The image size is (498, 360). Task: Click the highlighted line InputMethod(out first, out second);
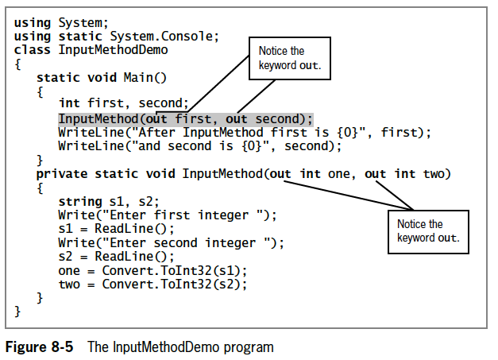[x=185, y=118]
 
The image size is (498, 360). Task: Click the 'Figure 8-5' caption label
[x=41, y=346]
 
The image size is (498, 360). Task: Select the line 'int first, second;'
[x=123, y=103]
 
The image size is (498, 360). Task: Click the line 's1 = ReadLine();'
[x=116, y=228]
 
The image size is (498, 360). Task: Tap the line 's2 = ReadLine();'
[x=116, y=256]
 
